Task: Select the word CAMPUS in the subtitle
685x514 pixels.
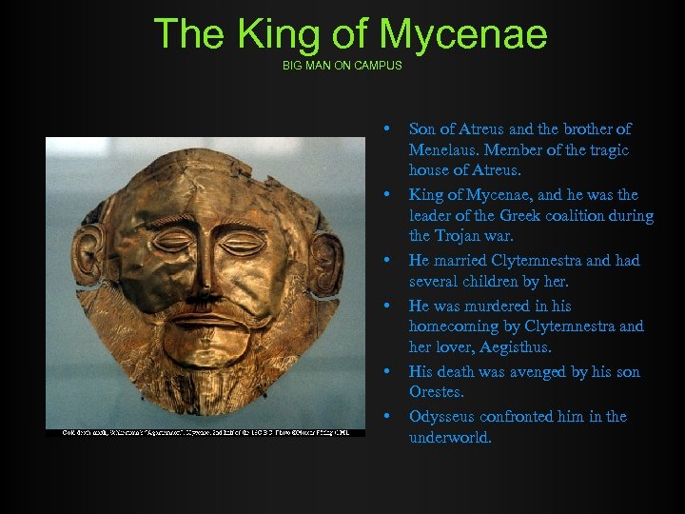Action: [378, 66]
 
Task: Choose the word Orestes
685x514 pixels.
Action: [436, 392]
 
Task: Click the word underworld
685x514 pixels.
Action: [450, 438]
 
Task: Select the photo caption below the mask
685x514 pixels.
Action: [205, 432]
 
